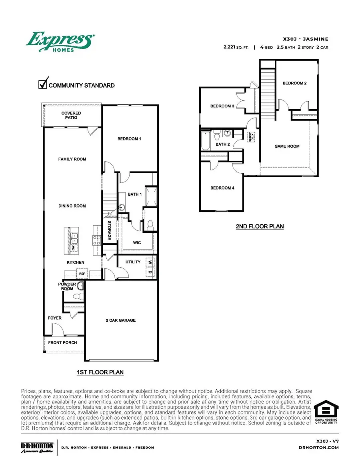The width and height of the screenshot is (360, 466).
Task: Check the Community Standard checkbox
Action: [43, 84]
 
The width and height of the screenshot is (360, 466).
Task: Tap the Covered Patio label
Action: [71, 116]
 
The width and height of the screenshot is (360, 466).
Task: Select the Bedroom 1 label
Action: [129, 139]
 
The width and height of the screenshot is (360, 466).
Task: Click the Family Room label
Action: [72, 159]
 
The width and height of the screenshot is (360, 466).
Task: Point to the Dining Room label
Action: [72, 206]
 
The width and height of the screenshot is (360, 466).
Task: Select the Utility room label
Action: [133, 262]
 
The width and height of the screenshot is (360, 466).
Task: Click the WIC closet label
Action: [137, 243]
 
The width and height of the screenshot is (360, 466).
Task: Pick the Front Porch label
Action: [62, 343]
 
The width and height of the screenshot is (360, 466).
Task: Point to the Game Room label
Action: [287, 146]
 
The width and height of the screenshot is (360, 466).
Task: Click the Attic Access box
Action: [252, 136]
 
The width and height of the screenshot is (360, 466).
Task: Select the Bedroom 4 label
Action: [220, 188]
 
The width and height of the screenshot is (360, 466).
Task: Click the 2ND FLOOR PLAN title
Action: [260, 226]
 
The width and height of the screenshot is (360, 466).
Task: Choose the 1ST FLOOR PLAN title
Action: [100, 372]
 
